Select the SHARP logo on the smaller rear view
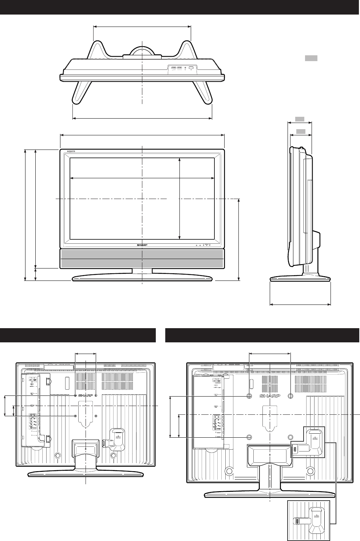pos(86,395)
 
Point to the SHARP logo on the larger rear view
pos(270,396)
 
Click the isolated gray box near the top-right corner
pos(311,58)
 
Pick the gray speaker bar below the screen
pos(142,259)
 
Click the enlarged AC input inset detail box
pos(309,520)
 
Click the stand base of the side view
pos(300,279)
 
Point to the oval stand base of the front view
pos(142,278)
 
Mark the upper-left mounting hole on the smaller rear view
pos(75,395)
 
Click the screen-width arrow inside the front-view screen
pos(142,178)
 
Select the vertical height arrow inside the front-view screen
pos(180,199)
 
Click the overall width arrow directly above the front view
pos(142,135)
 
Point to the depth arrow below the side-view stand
pos(300,304)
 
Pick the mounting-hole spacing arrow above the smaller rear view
pos(85,353)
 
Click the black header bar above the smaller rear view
pos(78,335)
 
